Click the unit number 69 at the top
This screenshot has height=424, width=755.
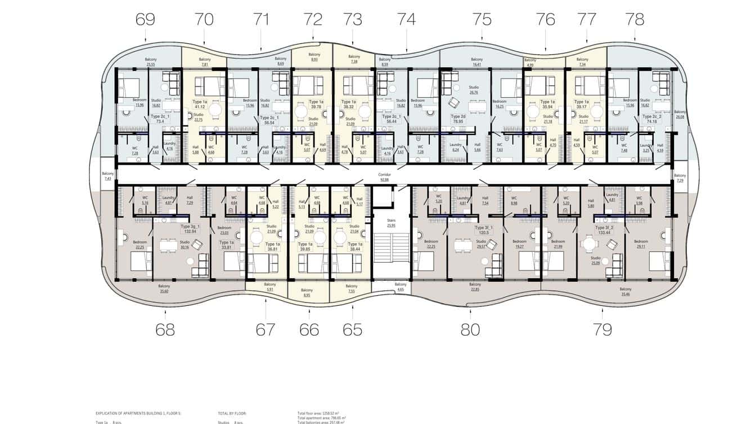[145, 20]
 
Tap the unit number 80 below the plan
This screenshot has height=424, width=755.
[470, 330]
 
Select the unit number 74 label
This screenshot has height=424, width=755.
[406, 20]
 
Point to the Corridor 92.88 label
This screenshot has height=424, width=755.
[384, 177]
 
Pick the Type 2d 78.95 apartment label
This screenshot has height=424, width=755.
[459, 119]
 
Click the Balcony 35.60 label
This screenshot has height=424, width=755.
[165, 288]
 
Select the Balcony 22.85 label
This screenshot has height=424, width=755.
[475, 287]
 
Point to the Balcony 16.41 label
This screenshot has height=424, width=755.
[477, 62]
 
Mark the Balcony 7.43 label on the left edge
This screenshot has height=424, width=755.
[107, 176]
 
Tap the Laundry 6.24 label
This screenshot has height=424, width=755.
[456, 147]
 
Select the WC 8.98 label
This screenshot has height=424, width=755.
[514, 200]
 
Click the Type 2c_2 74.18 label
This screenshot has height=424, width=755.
[653, 119]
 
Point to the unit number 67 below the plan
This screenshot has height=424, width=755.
[265, 330]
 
